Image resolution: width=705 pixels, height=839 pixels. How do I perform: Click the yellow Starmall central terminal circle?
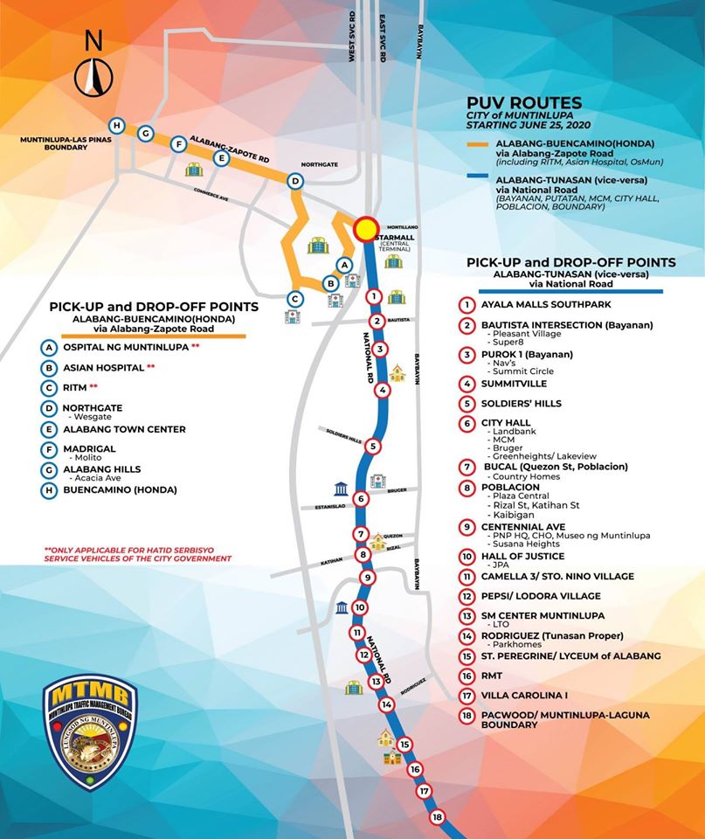(366, 228)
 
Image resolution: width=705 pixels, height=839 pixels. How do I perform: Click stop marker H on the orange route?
(116, 125)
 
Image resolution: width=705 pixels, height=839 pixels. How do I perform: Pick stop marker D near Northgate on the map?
(295, 181)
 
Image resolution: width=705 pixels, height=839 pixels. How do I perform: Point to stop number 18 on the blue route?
(438, 817)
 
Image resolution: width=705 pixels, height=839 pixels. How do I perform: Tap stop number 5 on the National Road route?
(373, 446)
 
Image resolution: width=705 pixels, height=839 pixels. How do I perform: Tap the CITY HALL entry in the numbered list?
(506, 423)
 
